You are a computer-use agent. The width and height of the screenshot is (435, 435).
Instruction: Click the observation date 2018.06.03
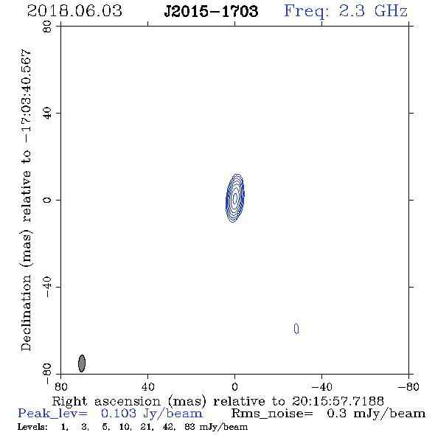pyautogui.click(x=74, y=11)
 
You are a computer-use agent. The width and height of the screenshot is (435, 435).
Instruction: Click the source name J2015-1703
pyautogui.click(x=211, y=11)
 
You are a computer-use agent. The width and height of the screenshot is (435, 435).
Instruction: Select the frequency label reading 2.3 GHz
pyautogui.click(x=373, y=11)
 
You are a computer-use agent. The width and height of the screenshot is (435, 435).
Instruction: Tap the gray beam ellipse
pyautogui.click(x=82, y=363)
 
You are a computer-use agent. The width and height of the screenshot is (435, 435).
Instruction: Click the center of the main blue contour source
pyautogui.click(x=235, y=198)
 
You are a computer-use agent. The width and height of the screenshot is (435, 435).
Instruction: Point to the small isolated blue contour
pyautogui.click(x=296, y=329)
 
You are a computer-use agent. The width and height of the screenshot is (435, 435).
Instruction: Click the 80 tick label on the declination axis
pyautogui.click(x=47, y=27)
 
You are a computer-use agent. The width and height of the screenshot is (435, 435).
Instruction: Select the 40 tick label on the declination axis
pyautogui.click(x=47, y=114)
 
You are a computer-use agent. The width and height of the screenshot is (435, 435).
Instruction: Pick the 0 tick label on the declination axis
pyautogui.click(x=47, y=200)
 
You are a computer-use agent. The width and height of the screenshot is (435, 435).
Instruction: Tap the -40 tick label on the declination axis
pyautogui.click(x=47, y=287)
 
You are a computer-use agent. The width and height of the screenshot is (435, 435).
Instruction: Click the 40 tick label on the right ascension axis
pyautogui.click(x=147, y=386)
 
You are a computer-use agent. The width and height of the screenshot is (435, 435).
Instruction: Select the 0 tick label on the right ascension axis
pyautogui.click(x=234, y=386)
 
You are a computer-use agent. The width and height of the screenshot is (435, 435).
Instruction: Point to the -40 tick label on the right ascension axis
pyautogui.click(x=321, y=386)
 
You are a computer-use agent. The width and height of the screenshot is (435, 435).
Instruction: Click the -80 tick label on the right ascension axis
pyautogui.click(x=408, y=386)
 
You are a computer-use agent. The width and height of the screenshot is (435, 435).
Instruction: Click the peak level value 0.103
pyautogui.click(x=119, y=414)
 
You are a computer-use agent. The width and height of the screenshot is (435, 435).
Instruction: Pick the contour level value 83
pyautogui.click(x=189, y=427)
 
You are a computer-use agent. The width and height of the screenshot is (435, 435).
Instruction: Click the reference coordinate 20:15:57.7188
pyautogui.click(x=338, y=401)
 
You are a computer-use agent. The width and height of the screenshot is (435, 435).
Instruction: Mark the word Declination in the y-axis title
pyautogui.click(x=26, y=313)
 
